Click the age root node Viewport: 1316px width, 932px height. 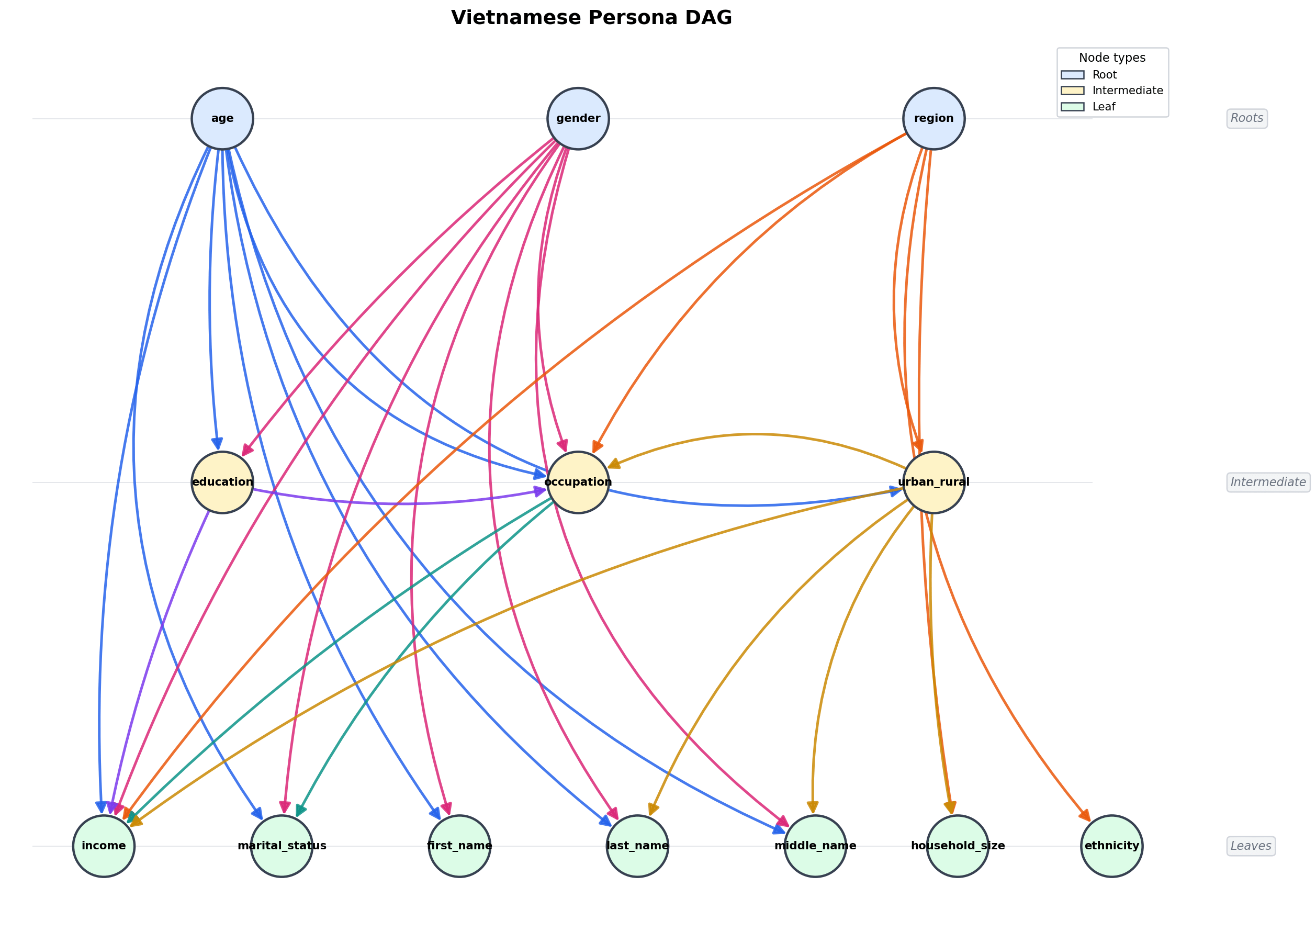(x=222, y=119)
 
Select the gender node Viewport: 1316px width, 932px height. (x=578, y=119)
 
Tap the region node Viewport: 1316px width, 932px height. (x=933, y=119)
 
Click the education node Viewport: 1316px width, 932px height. (x=222, y=482)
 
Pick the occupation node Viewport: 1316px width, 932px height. (x=578, y=482)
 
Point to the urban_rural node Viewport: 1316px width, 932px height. (x=933, y=482)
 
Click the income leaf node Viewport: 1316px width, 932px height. (x=104, y=845)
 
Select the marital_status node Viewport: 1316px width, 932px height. (x=282, y=845)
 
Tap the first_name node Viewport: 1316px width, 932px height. (x=459, y=845)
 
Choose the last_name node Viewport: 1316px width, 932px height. (x=637, y=845)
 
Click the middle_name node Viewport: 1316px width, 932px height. (x=815, y=845)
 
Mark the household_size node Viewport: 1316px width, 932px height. (x=958, y=845)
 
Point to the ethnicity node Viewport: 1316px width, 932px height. (x=1112, y=845)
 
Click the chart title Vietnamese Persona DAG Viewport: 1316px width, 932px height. (x=591, y=18)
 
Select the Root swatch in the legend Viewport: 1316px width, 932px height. (x=1072, y=75)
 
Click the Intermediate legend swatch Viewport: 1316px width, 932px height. (x=1072, y=91)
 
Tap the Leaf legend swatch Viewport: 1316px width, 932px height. (x=1072, y=107)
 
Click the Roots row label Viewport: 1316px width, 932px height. (x=1246, y=118)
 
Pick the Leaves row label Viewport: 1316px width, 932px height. (x=1251, y=846)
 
